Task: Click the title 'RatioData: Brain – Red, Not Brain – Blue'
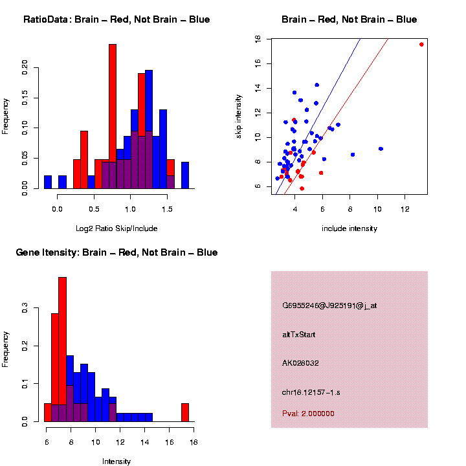116,19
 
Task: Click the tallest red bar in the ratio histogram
113,116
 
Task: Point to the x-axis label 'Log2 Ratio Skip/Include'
116,228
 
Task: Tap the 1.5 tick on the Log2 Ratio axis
168,208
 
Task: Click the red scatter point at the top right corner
421,44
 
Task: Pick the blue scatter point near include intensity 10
381,149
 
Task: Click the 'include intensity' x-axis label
349,228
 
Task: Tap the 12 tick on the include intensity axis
405,209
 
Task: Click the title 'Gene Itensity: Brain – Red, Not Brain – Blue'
116,252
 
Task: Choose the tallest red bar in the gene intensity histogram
63,349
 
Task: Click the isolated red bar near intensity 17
185,412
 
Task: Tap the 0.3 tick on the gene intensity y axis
25,309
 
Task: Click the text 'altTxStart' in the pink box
298,335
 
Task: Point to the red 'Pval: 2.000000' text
308,414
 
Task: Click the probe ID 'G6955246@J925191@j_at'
329,305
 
